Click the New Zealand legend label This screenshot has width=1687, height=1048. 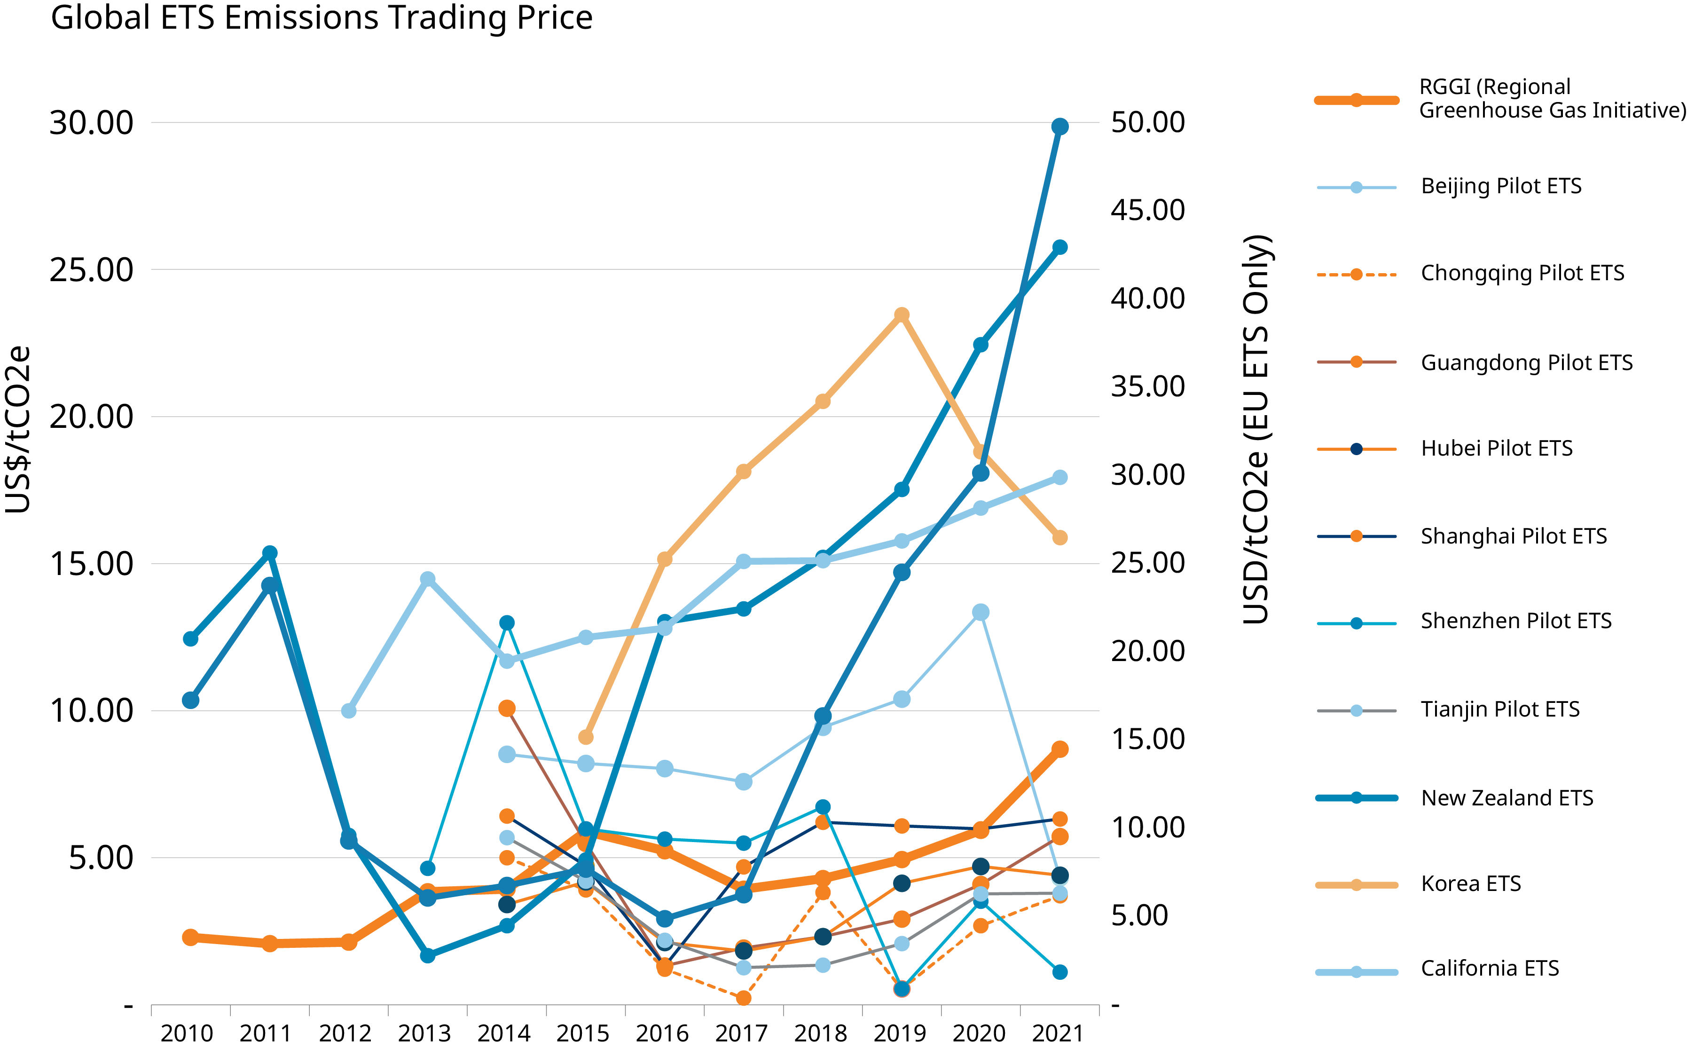coord(1490,801)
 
